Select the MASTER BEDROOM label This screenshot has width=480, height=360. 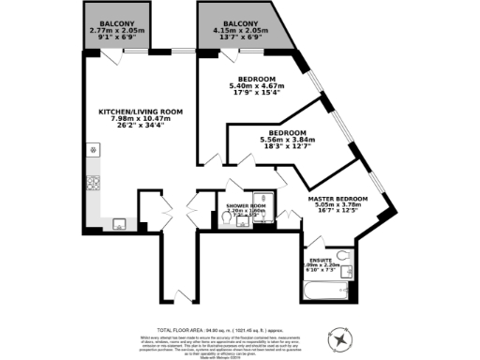(x=338, y=199)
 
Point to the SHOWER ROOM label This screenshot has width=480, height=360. (x=247, y=203)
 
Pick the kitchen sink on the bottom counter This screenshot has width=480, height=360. (x=118, y=223)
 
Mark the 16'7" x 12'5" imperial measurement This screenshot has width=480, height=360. (x=338, y=214)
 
